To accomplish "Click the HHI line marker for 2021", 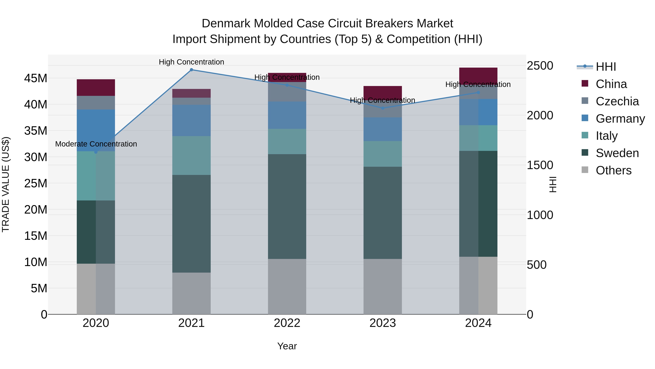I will [x=191, y=70].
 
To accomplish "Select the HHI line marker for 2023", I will [x=383, y=108].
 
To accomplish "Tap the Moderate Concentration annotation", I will [x=96, y=144].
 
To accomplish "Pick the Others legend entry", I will [x=613, y=170].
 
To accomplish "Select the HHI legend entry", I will [x=606, y=67].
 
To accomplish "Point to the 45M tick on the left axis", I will [x=36, y=78].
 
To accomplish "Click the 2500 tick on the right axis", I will [x=540, y=66].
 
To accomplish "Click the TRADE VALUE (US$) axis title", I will [x=6, y=184].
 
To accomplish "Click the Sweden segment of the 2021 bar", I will [x=191, y=224].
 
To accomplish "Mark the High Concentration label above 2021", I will [x=191, y=62].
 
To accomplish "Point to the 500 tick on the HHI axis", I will [x=537, y=265].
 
